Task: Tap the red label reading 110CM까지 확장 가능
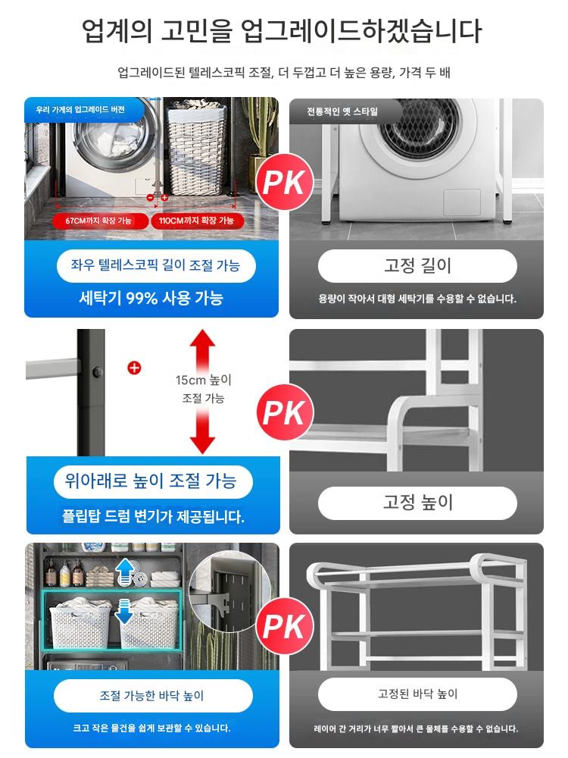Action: (197, 221)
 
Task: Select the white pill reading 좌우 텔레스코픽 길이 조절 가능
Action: (155, 265)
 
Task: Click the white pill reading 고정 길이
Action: (417, 265)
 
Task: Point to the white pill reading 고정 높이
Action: (417, 503)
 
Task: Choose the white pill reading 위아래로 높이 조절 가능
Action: (153, 481)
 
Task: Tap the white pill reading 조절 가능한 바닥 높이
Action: (153, 696)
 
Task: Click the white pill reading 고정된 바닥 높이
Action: (417, 694)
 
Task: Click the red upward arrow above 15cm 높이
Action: (202, 350)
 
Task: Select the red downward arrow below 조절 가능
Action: (202, 432)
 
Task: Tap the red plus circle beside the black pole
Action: (134, 368)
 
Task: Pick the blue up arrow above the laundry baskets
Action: (125, 571)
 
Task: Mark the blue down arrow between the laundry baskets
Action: (124, 611)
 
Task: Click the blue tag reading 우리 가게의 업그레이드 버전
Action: (82, 110)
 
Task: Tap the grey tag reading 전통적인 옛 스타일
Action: (344, 111)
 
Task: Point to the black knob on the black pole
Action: (98, 372)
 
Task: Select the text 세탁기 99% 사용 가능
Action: (151, 298)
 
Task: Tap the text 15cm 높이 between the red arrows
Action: (203, 380)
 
